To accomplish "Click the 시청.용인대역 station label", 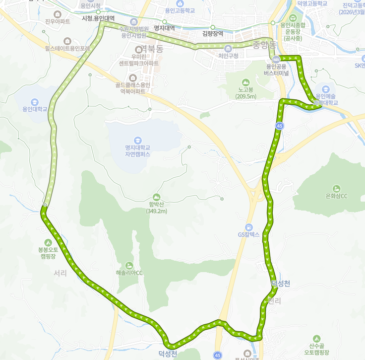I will tap(98, 18).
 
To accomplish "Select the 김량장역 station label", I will tap(213, 34).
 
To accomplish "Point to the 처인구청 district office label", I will tap(228, 56).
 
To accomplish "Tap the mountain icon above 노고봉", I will tap(245, 82).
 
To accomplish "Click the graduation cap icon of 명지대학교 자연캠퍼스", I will tap(137, 140).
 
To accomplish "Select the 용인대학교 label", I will tap(35, 109).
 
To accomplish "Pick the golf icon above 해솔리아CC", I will tap(129, 265).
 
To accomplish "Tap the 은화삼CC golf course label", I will tap(336, 196).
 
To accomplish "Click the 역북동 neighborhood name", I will tap(152, 49).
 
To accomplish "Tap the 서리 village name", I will tap(60, 273).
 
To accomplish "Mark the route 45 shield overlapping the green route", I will tap(280, 126).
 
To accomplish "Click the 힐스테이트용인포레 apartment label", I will tap(67, 49).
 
